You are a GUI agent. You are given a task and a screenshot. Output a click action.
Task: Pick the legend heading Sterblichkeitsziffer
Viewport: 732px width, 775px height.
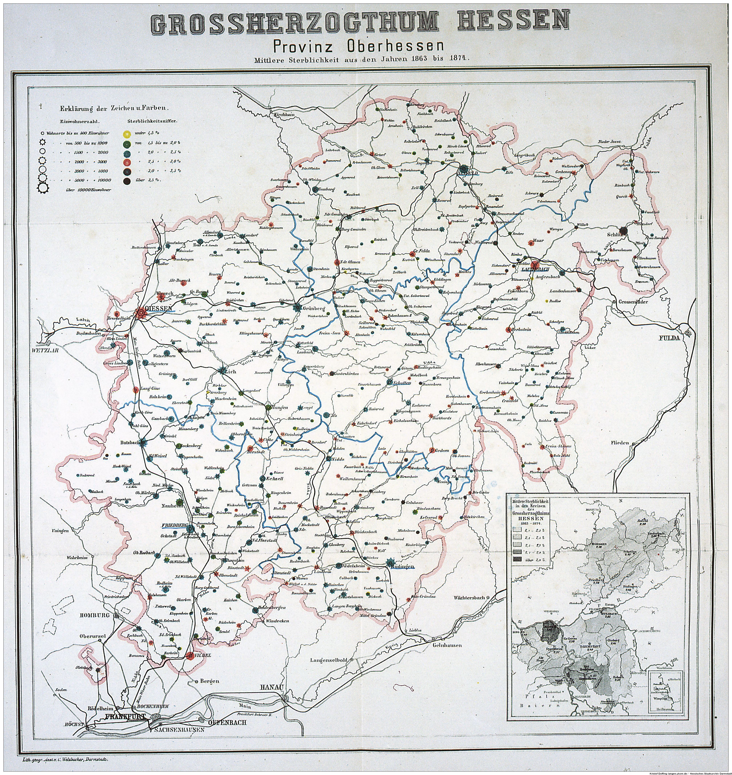click(150, 121)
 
